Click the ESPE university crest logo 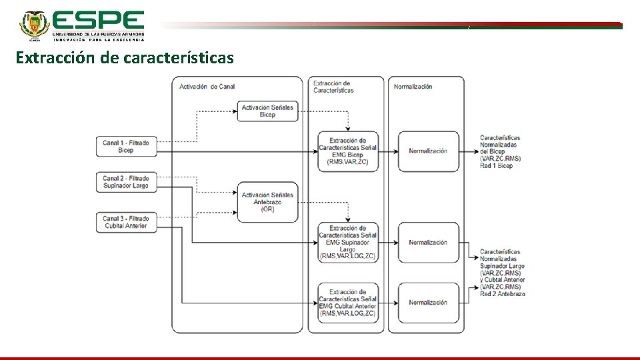coord(33,25)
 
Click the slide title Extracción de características coord(125,58)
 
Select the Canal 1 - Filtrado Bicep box coord(126,147)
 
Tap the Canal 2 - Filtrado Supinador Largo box coord(126,183)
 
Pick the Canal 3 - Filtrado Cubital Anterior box coord(126,223)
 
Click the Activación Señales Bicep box coord(267,111)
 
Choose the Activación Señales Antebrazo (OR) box coord(267,202)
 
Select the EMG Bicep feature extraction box coord(347,151)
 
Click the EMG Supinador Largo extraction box coord(347,243)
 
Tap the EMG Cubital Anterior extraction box coord(347,303)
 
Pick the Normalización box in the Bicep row coord(428,151)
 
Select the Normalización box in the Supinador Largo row coord(428,243)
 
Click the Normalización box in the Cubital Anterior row coord(428,303)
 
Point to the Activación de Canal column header coord(207,87)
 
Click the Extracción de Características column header coord(333,87)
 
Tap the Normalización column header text coord(413,87)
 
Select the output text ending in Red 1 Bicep coord(500,152)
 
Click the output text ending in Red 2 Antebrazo coord(503,273)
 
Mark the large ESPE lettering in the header coord(98,20)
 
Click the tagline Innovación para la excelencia coord(99,39)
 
